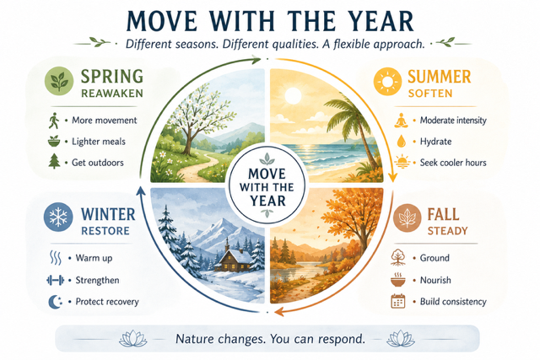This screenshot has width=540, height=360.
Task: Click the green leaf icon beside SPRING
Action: (59, 81)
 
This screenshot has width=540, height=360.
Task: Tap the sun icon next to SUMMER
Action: (387, 81)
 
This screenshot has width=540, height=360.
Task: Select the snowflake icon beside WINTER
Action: (58, 217)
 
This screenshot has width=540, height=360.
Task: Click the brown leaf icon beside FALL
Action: (407, 218)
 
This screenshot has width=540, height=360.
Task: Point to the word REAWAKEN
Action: (112, 94)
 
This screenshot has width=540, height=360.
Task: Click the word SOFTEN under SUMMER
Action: (430, 94)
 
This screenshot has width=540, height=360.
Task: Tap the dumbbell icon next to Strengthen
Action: (55, 280)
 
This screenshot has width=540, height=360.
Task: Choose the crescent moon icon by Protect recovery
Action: (55, 302)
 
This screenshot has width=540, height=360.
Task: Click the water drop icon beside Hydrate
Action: (402, 142)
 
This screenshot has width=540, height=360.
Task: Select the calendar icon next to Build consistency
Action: (398, 301)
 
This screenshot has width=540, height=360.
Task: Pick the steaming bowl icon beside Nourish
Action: (398, 279)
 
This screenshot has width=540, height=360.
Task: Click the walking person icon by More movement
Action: (54, 121)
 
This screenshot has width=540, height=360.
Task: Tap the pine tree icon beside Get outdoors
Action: (54, 161)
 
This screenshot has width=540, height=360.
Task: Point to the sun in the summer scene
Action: (293, 95)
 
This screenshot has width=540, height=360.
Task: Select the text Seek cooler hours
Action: (453, 163)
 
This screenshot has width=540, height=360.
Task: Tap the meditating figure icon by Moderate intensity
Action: (401, 121)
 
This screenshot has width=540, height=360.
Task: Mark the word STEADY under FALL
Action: (448, 231)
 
